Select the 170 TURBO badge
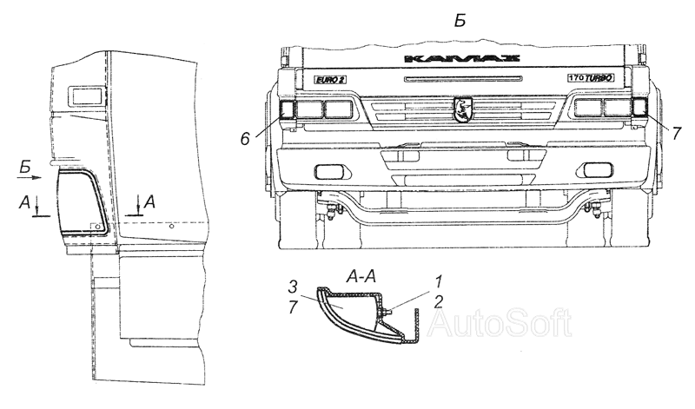click(592, 78)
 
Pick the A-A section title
click(360, 276)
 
